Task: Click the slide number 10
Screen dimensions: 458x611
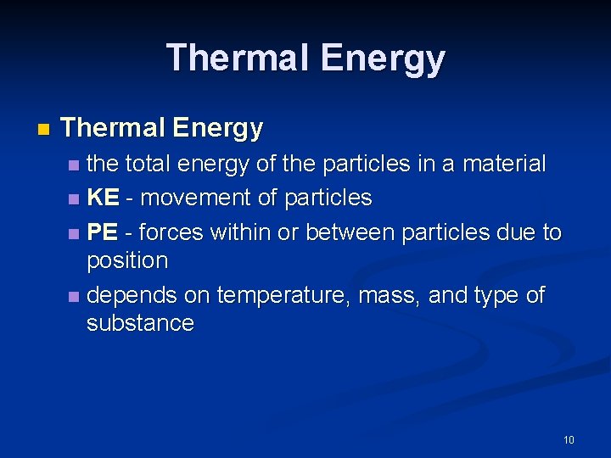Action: coord(569,439)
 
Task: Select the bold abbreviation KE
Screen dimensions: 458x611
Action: coord(103,198)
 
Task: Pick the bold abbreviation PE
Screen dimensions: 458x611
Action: coord(103,232)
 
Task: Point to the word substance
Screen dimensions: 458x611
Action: coord(140,323)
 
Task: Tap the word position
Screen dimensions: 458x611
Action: coord(127,260)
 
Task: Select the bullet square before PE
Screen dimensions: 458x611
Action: coord(75,234)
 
